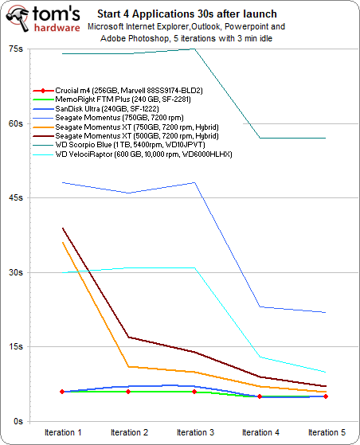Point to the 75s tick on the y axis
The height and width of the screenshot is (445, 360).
pyautogui.click(x=15, y=49)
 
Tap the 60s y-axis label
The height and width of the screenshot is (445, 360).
pyautogui.click(x=15, y=123)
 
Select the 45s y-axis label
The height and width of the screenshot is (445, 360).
pyautogui.click(x=15, y=198)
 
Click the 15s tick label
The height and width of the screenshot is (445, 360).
pyautogui.click(x=15, y=347)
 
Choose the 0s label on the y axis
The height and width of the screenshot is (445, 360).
pyautogui.click(x=17, y=421)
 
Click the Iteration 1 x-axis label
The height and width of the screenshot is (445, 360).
pyautogui.click(x=62, y=432)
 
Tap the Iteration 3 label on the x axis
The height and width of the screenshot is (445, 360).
pyautogui.click(x=194, y=432)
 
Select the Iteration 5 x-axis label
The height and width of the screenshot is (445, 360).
pyautogui.click(x=325, y=432)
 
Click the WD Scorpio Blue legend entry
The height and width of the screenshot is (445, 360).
pyautogui.click(x=131, y=145)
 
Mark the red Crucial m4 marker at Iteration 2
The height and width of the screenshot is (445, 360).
pyautogui.click(x=128, y=392)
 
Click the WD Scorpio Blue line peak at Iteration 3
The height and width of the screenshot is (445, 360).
pyautogui.click(x=194, y=49)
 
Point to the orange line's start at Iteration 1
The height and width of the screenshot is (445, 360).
pyautogui.click(x=62, y=243)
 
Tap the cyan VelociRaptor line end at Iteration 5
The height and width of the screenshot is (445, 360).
pyautogui.click(x=325, y=372)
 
